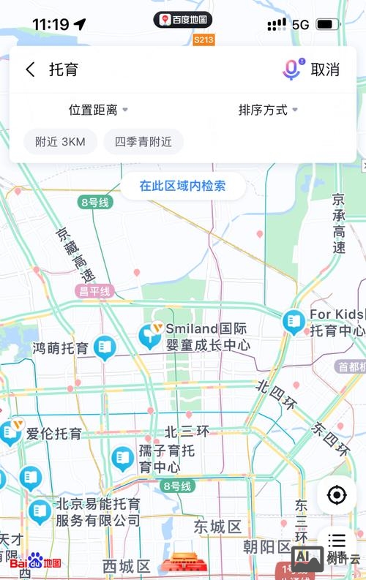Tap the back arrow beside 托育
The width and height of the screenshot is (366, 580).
30,69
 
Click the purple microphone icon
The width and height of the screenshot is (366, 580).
291,69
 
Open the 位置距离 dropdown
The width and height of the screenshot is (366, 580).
98,110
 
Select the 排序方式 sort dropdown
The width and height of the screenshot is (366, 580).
268,110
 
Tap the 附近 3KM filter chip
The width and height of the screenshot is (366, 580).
60,142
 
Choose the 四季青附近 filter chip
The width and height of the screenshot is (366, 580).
143,142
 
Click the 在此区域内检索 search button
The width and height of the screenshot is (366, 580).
182,186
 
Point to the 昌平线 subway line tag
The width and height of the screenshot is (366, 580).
95,291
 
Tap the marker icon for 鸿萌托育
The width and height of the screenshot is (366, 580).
105,347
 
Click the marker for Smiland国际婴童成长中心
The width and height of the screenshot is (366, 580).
151,335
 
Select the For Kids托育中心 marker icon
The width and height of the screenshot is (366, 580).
294,321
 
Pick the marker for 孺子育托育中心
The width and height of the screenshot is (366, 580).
123,459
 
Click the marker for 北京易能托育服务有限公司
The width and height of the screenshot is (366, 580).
40,511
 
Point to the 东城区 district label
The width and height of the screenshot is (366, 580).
217,527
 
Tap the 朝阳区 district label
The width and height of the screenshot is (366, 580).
267,546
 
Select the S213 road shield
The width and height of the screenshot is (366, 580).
204,39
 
